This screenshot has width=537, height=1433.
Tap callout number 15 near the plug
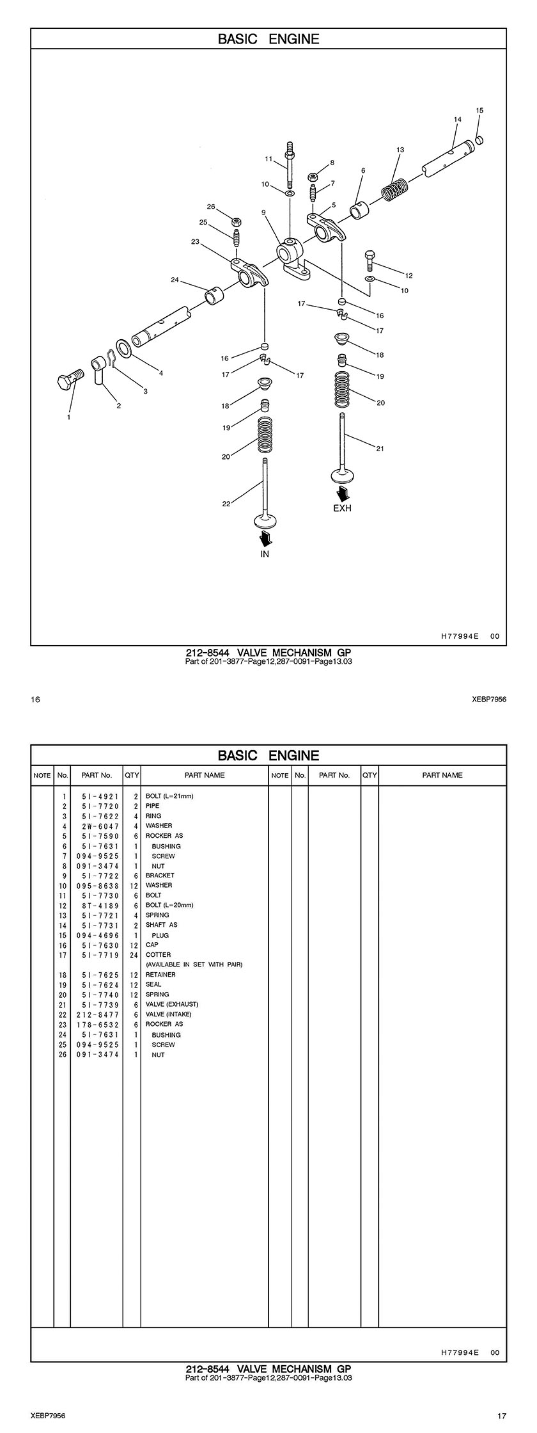479,111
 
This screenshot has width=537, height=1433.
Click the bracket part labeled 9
291,254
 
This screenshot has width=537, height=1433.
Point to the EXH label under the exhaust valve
342,509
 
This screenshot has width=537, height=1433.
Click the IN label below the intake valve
265,554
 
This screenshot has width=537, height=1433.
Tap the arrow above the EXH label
343,493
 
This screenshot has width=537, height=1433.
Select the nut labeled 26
236,221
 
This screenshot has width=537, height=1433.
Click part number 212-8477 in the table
98,1014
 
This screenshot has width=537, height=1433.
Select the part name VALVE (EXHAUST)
172,1004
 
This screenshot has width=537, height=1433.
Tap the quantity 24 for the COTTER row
134,954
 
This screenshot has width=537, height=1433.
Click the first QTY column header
132,775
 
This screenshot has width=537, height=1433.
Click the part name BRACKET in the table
160,875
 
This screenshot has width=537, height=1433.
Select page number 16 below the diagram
35,700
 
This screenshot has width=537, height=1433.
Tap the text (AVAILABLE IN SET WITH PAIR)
194,964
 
